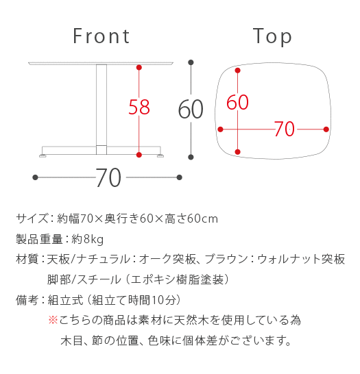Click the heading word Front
click(101, 36)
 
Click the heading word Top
click(272, 37)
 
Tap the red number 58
click(139, 107)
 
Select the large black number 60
click(191, 110)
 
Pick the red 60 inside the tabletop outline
click(237, 102)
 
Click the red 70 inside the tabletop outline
click(285, 129)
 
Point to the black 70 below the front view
click(108, 177)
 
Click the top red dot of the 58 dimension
click(139, 68)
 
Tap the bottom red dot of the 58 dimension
click(139, 155)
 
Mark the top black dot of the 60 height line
click(191, 62)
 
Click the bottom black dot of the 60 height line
click(191, 157)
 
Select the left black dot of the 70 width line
click(36, 177)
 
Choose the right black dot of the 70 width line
click(179, 177)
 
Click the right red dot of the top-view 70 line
click(326, 129)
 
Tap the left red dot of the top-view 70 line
click(221, 129)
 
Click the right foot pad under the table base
click(160, 156)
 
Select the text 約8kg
click(88, 239)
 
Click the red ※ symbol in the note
click(53, 320)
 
